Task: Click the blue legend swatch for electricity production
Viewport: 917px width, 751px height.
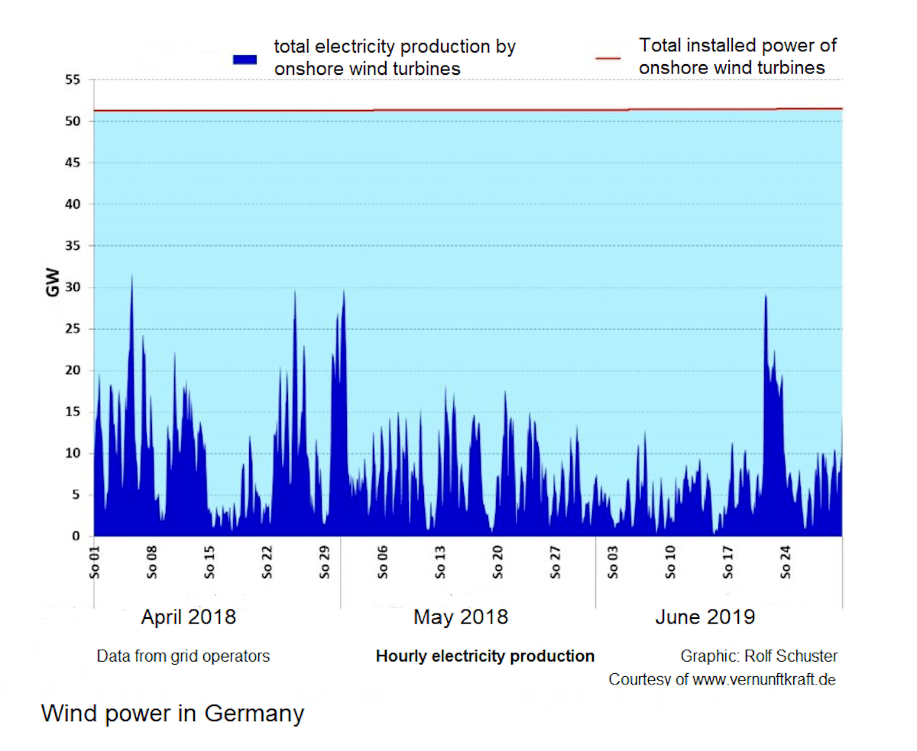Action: coord(245,59)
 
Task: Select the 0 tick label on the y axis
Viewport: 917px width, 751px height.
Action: coord(75,537)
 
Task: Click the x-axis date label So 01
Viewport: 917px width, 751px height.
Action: coord(95,562)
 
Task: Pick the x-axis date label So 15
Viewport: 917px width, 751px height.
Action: coord(209,562)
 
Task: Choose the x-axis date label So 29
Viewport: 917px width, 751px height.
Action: coord(324,562)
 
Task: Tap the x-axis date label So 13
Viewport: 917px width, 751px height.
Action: coord(439,562)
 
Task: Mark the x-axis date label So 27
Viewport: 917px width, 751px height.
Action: coord(555,562)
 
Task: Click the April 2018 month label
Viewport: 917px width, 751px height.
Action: coord(188,617)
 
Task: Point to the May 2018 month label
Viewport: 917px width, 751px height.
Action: coord(461,617)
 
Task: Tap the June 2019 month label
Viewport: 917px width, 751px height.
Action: coord(705,617)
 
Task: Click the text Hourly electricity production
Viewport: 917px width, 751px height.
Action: coord(484,656)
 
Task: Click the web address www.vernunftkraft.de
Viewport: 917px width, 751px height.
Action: coord(763,679)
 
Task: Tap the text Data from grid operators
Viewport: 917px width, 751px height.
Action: coord(183,656)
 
